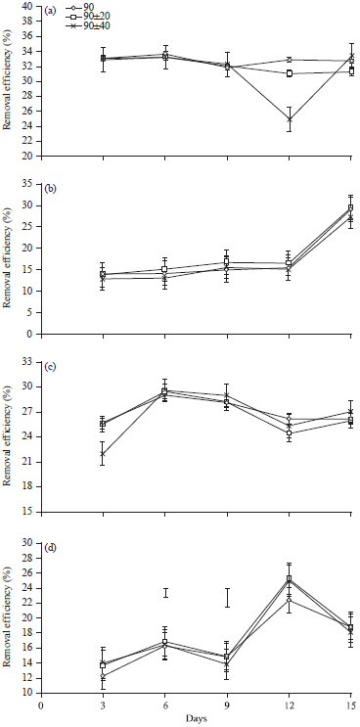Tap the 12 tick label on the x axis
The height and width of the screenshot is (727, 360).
(x=289, y=704)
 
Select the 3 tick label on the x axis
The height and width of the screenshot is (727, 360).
(x=104, y=704)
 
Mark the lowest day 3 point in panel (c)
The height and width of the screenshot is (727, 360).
(x=104, y=453)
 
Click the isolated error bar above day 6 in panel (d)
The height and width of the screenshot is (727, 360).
(x=165, y=593)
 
